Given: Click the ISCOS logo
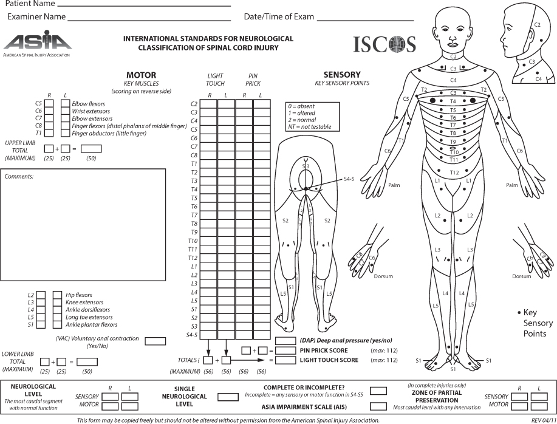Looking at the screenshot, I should (385, 44).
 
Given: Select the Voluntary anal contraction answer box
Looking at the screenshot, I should (155, 341).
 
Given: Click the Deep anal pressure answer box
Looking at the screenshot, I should (285, 340).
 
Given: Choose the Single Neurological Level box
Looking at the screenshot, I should (228, 397).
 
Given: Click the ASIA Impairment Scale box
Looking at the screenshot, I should (378, 406).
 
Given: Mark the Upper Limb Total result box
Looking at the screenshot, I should (91, 148).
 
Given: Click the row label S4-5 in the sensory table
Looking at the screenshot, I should (191, 335).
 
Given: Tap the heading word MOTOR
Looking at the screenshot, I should (141, 75).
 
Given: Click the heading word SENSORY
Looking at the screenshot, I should (342, 75).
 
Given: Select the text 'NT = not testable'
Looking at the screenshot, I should (310, 126).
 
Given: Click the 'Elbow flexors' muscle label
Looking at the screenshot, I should (88, 104).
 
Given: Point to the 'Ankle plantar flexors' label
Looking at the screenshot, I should (92, 324).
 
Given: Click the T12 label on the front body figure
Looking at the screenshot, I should (453, 173).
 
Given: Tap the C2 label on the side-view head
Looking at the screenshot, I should (536, 25).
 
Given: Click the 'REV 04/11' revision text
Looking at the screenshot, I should (542, 420).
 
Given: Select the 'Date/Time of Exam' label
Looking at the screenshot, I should (279, 16).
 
